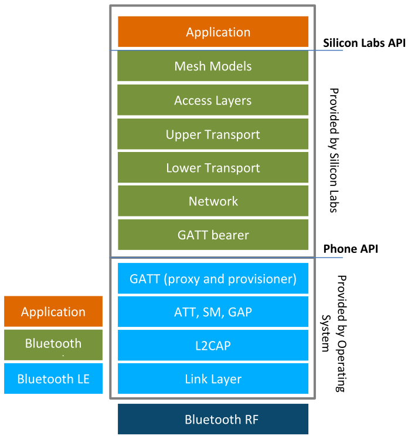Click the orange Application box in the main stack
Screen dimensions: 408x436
pyautogui.click(x=213, y=32)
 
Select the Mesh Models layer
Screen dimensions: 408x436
pyautogui.click(x=213, y=66)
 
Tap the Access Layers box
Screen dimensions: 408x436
pyautogui.click(x=213, y=100)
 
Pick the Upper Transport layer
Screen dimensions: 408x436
pyautogui.click(x=213, y=134)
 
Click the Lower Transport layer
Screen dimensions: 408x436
pyautogui.click(x=213, y=167)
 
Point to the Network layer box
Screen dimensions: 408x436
pyautogui.click(x=213, y=201)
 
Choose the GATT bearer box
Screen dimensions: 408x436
pyautogui.click(x=213, y=235)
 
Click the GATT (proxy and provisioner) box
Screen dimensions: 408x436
pyautogui.click(x=213, y=278)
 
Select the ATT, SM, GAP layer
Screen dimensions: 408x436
pyautogui.click(x=213, y=312)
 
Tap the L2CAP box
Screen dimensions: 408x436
pyautogui.click(x=213, y=346)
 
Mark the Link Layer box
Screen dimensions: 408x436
pyautogui.click(x=213, y=378)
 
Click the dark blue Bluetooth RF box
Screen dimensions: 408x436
pyautogui.click(x=213, y=419)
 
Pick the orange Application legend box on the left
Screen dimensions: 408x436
pyautogui.click(x=53, y=312)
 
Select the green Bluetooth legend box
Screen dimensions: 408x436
pyautogui.click(x=53, y=345)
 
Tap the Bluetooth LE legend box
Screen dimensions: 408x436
pyautogui.click(x=53, y=378)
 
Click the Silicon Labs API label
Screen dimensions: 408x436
pyautogui.click(x=364, y=43)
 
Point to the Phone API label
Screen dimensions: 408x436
pyautogui.click(x=351, y=249)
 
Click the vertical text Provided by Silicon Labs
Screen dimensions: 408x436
pyautogui.click(x=334, y=150)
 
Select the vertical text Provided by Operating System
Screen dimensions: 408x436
pyautogui.click(x=334, y=334)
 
